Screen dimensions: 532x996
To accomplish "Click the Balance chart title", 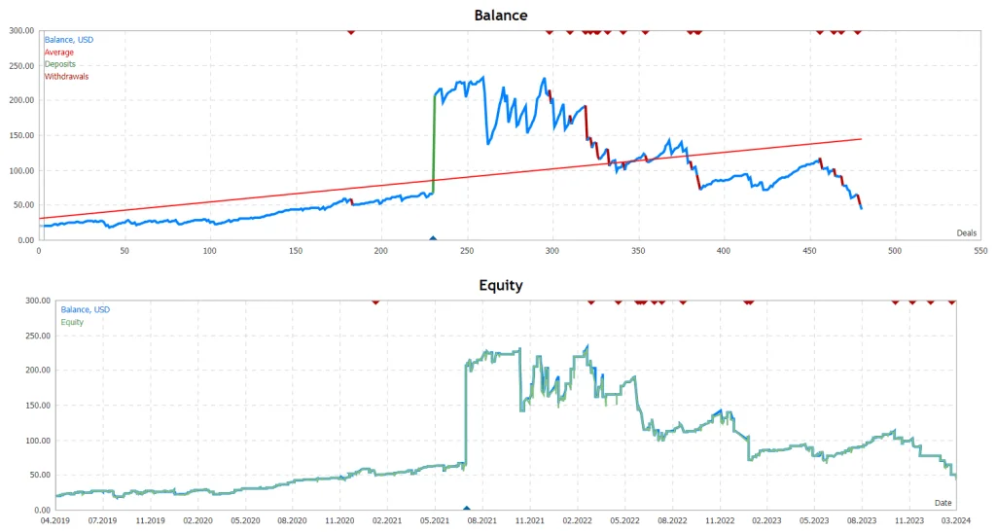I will click(x=500, y=16).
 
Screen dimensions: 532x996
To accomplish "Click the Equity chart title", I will click(x=500, y=286).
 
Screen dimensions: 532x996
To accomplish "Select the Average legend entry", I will click(x=59, y=53).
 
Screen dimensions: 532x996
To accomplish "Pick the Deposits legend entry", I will click(x=60, y=64).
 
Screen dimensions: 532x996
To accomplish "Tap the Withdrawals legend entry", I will click(x=66, y=77).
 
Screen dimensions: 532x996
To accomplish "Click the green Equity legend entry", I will click(x=72, y=322).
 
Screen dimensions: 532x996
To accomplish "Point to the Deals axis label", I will click(x=966, y=232).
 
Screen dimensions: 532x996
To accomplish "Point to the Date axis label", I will click(x=943, y=502).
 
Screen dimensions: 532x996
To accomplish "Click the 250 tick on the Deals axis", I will click(x=467, y=250).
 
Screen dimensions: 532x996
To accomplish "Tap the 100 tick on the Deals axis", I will click(x=210, y=250).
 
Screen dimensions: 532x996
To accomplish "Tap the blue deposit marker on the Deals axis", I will click(x=433, y=237).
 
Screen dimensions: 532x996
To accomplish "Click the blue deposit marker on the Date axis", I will click(x=467, y=507).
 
